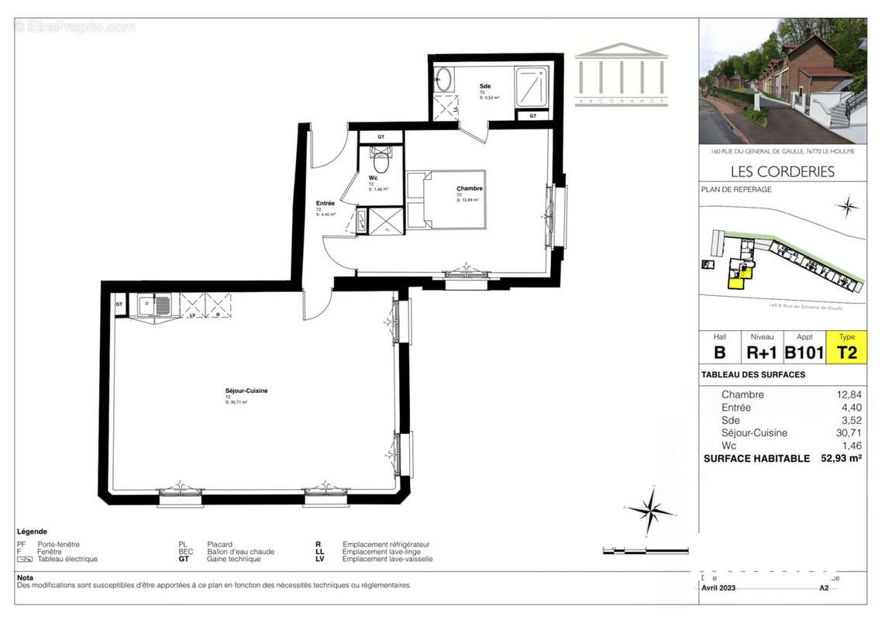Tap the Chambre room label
click(470, 188)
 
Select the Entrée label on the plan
click(325, 203)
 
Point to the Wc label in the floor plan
click(374, 177)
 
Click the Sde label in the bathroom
click(485, 86)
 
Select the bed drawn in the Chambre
click(447, 200)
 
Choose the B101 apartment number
click(804, 353)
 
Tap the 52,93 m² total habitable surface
click(841, 458)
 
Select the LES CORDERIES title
click(783, 171)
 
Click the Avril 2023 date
click(720, 587)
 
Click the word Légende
click(32, 532)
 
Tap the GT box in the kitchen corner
click(119, 304)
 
